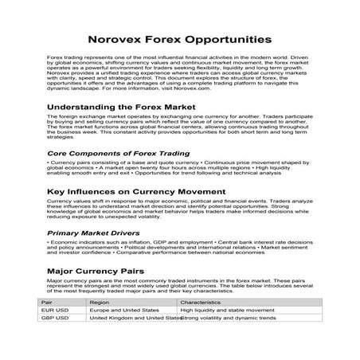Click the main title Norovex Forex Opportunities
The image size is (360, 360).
point(179,39)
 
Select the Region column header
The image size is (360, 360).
point(100,303)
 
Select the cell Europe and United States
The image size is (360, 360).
point(123,311)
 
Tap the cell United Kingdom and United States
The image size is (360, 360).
point(135,319)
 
